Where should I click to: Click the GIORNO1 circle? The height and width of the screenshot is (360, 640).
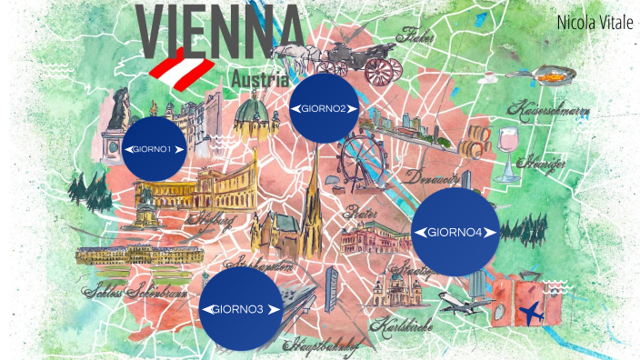point(154,148)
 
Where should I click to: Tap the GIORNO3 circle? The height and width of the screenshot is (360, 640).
point(237,309)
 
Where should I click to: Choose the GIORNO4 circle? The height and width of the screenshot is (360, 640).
point(455,232)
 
